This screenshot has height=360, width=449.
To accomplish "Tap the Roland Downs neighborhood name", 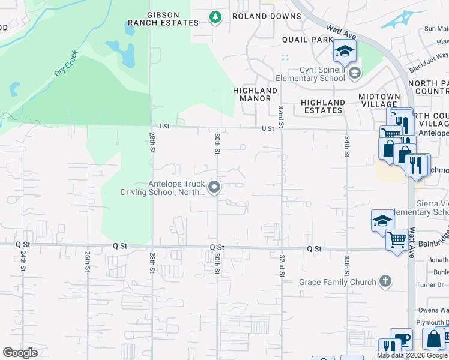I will tap(267, 16).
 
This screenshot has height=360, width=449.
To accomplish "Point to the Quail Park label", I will tap(307, 39).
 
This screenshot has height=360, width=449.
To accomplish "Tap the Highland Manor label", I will tap(255, 94).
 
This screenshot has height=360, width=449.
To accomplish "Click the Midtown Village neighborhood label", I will tap(379, 100).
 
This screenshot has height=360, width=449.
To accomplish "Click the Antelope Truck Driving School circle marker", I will tap(213, 188).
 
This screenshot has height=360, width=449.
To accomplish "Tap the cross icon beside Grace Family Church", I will tap(385, 281).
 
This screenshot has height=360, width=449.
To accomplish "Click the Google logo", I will tap(20, 353).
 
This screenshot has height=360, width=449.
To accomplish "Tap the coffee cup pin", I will tap(401, 339).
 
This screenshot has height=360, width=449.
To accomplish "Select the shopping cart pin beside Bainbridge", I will tap(397, 240).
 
